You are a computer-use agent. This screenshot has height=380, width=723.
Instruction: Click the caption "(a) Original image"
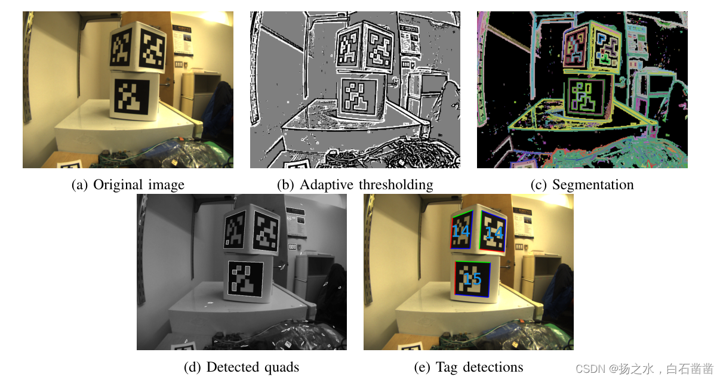coord(128,185)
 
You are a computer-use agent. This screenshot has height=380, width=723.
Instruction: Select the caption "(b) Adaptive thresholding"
coord(355,185)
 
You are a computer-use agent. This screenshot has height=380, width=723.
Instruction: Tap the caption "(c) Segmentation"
coord(582,185)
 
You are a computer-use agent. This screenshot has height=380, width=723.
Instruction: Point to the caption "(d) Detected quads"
coord(241,367)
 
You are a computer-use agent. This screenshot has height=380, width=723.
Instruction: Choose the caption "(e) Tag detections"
coord(469,367)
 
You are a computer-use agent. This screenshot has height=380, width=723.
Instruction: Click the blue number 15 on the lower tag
coord(472,279)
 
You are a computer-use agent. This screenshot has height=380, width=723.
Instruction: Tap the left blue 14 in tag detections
coord(461,231)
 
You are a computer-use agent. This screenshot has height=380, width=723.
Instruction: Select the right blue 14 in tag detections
coord(494,233)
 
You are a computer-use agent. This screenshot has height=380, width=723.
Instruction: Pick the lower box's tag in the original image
coord(132,97)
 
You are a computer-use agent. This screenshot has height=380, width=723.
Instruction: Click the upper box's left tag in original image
coord(121,49)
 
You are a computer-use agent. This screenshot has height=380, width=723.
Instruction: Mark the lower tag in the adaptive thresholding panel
coord(358,97)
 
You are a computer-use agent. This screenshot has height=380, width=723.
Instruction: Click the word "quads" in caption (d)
coord(281,367)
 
